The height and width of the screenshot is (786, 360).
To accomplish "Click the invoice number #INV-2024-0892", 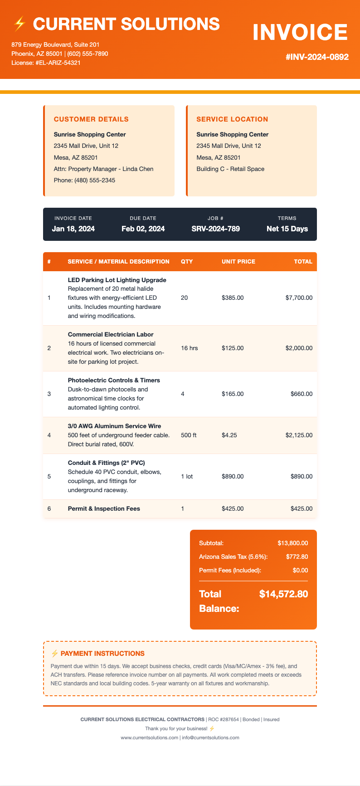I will tap(317, 57).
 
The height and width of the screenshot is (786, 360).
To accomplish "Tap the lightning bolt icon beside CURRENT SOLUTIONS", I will tap(19, 24).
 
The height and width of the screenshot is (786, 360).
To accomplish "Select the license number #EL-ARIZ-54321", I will tap(58, 63).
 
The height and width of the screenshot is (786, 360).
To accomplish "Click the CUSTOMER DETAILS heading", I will tap(91, 119).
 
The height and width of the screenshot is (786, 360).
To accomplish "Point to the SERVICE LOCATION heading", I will tap(232, 119).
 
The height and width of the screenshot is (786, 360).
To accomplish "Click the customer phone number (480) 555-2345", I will tap(84, 180).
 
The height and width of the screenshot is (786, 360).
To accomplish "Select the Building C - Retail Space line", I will tap(230, 169).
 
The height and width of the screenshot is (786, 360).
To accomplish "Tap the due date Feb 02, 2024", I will tap(143, 229).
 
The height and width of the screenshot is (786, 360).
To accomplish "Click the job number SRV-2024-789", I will tap(216, 229).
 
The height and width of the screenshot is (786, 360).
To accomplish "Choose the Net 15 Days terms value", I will tap(287, 229).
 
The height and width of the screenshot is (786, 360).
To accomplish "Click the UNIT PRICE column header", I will tap(238, 261).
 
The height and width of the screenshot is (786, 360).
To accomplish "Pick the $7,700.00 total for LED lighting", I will tap(299, 298).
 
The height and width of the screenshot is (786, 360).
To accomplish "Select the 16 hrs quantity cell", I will tap(189, 348).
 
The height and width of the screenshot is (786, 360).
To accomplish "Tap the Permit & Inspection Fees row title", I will tap(104, 508).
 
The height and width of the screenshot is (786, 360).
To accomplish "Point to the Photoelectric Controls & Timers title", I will tap(114, 380).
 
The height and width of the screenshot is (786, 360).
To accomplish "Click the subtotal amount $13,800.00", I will tap(293, 543).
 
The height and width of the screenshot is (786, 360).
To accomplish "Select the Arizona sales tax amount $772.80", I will tap(297, 557).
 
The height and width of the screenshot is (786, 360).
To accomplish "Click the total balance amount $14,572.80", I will tap(283, 594).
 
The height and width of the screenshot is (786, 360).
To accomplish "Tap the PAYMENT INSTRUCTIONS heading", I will tap(102, 654).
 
